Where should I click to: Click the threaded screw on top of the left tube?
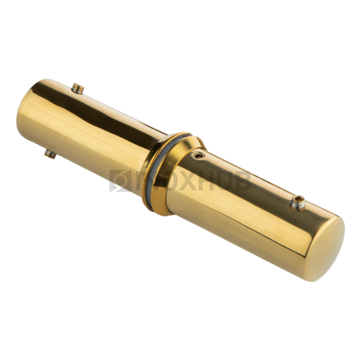coord(78,89)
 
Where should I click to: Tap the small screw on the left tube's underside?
coord(50,154)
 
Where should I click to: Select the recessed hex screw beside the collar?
coord(198,156)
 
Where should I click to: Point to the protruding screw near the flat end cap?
coord(298,203)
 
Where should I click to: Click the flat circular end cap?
coord(326,249)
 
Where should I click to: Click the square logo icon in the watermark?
coord(120,181)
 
